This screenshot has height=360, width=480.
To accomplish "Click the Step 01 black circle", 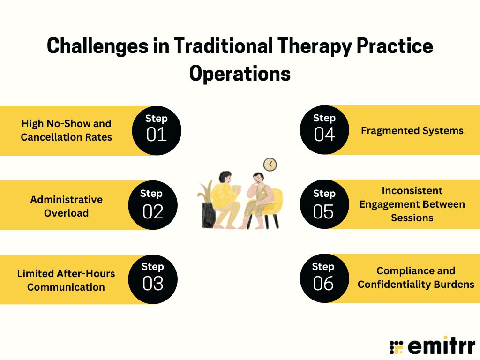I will (x=157, y=130).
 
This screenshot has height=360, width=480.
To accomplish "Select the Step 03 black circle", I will (x=153, y=279).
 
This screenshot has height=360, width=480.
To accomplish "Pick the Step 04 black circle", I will (x=324, y=130).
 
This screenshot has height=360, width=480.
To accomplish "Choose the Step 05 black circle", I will (x=324, y=204).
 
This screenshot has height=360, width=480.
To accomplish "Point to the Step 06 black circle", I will (x=324, y=278).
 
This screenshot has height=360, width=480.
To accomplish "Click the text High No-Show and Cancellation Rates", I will (x=66, y=130).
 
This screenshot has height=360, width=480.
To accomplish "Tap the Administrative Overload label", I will (x=66, y=206).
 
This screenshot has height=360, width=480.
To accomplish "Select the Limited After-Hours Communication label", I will (x=66, y=280).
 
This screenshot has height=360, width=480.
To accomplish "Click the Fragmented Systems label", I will (x=412, y=130).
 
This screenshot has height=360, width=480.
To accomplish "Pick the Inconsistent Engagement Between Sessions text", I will (x=412, y=204).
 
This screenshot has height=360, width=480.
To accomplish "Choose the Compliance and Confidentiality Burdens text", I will (x=416, y=277).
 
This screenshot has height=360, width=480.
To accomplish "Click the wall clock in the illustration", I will (x=270, y=164).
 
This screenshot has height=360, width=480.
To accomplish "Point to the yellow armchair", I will (x=272, y=206).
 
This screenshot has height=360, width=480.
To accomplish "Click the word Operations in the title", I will (x=240, y=74).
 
